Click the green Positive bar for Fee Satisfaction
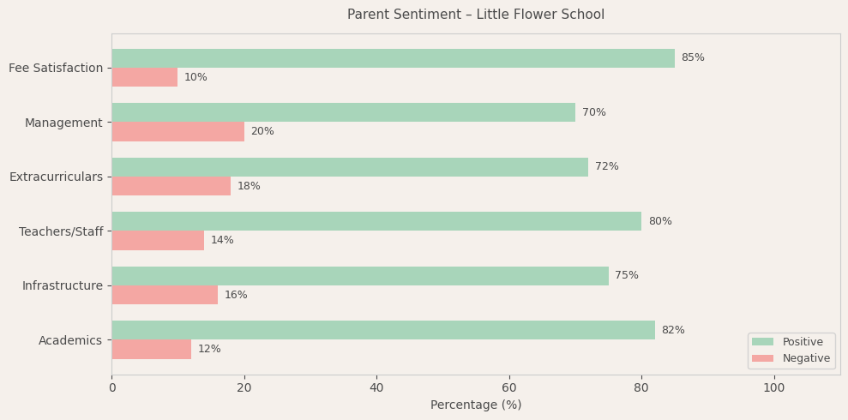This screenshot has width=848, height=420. (x=393, y=58)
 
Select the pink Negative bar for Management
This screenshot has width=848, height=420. (x=177, y=132)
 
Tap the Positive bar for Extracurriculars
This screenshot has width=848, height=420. (x=350, y=167)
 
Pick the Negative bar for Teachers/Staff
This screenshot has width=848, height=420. (x=158, y=241)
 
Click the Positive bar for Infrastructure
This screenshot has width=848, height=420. (x=360, y=276)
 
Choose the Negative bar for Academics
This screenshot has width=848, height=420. (x=151, y=350)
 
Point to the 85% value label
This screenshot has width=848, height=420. (x=693, y=58)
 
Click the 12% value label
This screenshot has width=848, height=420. (x=209, y=350)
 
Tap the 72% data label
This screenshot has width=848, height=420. (x=606, y=167)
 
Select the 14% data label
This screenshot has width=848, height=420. (x=222, y=241)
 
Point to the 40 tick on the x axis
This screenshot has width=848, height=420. (x=376, y=388)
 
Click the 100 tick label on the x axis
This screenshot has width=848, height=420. (x=773, y=388)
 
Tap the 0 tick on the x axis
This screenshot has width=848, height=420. (x=111, y=388)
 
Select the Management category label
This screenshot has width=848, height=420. (x=63, y=123)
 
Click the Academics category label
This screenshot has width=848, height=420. (x=70, y=340)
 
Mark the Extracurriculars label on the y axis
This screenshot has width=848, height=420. (x=56, y=177)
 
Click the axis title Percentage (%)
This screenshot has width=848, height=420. (x=476, y=405)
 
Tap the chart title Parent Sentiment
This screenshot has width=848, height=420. (x=476, y=15)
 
